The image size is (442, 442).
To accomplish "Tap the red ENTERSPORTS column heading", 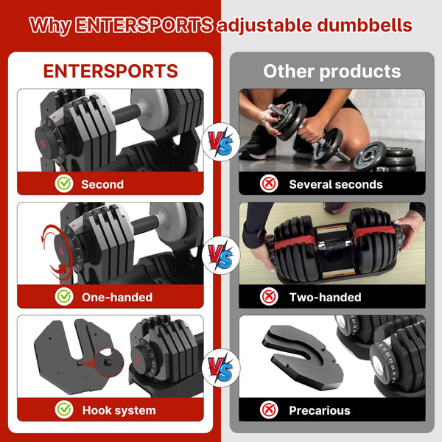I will click(110, 71).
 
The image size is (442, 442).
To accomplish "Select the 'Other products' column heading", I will click(332, 71).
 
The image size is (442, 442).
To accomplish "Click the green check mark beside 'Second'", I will click(65, 183).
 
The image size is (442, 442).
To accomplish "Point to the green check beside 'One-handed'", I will click(65, 297).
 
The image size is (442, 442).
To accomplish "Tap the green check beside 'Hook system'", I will click(65, 410).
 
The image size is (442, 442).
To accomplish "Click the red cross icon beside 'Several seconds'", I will click(270, 183).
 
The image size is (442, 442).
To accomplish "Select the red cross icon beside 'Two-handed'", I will click(270, 297).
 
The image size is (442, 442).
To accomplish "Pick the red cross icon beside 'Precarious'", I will click(270, 410).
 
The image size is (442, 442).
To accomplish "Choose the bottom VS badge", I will click(220, 368).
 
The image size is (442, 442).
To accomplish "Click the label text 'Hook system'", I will click(119, 410).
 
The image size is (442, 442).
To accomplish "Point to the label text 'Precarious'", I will click(319, 410).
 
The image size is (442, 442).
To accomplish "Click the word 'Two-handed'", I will click(325, 298).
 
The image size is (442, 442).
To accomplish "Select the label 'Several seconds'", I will click(335, 184).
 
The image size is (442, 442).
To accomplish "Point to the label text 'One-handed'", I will click(117, 298).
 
